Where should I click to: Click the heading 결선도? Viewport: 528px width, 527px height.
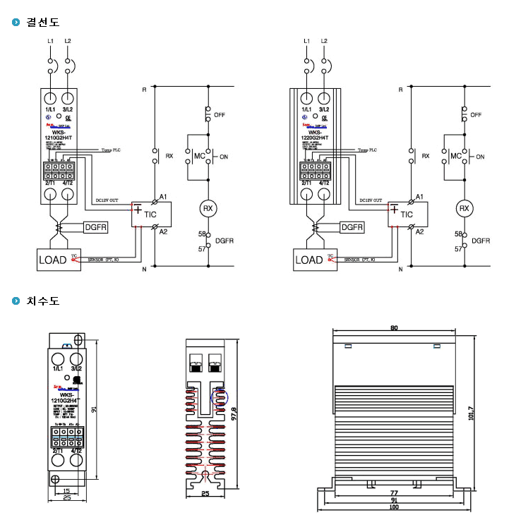pyautogui.click(x=42, y=22)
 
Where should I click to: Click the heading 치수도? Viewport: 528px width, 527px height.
pyautogui.click(x=42, y=301)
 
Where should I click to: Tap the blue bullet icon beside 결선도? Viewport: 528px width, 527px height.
pyautogui.click(x=16, y=22)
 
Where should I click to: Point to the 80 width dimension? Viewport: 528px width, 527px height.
pyautogui.click(x=393, y=328)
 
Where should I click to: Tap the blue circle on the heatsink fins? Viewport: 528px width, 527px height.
pyautogui.click(x=220, y=396)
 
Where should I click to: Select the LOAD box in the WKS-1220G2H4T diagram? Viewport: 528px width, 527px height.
pyautogui.click(x=309, y=260)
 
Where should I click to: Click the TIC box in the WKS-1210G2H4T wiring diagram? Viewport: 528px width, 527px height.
pyautogui.click(x=152, y=214)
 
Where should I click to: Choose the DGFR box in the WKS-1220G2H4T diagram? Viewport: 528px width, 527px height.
pyautogui.click(x=352, y=227)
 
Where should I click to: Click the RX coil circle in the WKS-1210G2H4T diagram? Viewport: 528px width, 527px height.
pyautogui.click(x=208, y=208)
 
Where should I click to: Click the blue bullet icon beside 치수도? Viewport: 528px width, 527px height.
pyautogui.click(x=16, y=301)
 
